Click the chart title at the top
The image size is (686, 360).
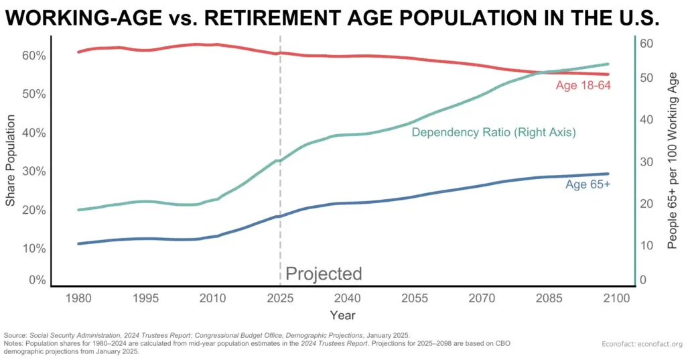(332, 19)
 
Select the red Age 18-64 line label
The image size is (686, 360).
(583, 86)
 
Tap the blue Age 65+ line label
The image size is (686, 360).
(588, 184)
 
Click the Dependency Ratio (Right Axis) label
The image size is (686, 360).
(493, 133)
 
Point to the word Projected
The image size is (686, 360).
(324, 274)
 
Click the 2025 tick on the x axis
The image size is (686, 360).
(279, 298)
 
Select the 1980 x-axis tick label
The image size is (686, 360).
(80, 298)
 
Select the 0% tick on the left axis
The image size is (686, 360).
(35, 280)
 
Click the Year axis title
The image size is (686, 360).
(342, 314)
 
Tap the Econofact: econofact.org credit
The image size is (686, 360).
(641, 344)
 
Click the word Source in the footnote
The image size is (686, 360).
(15, 335)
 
